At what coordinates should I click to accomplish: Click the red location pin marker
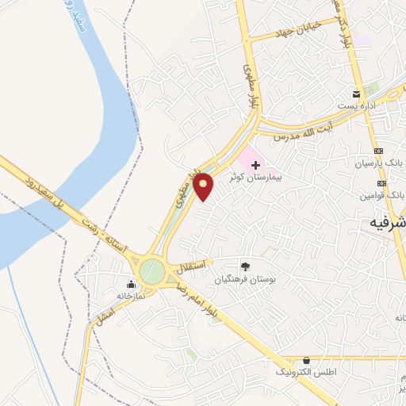204,186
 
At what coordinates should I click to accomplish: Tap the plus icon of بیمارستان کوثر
255,165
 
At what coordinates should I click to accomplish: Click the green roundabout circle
151,271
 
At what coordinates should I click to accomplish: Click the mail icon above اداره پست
356,94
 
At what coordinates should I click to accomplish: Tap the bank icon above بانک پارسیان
379,151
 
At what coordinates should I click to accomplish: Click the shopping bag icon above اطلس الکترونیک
306,359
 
